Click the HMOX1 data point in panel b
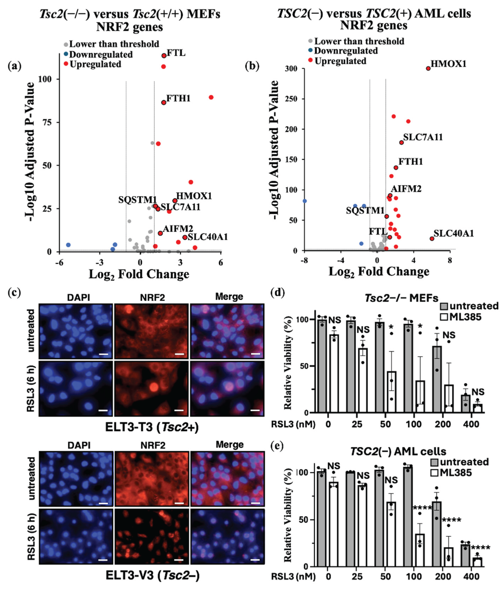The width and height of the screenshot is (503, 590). (428, 68)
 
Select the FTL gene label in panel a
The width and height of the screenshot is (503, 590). (176, 53)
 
